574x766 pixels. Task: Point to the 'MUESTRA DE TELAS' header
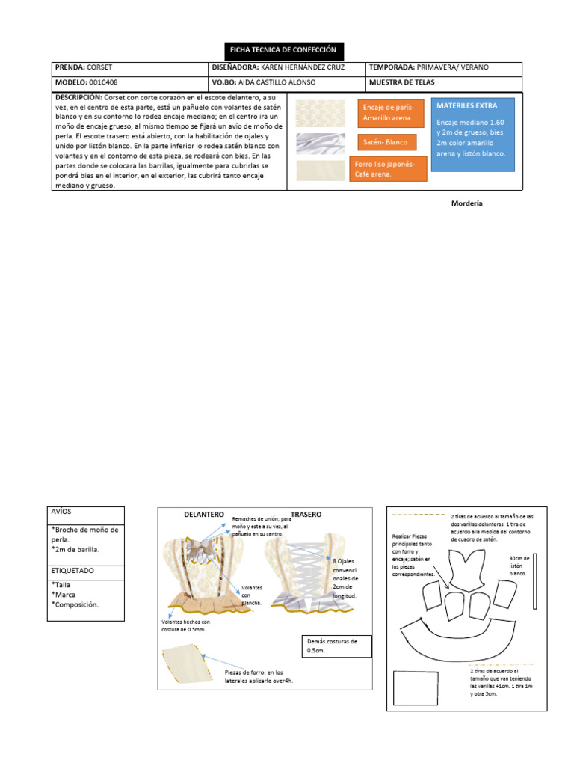pyautogui.click(x=401, y=82)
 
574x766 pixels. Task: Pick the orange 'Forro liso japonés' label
pyautogui.click(x=388, y=169)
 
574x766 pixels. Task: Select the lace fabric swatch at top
pyautogui.click(x=310, y=114)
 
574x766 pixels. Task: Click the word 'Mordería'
pyautogui.click(x=467, y=203)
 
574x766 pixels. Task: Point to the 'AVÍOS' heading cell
pyautogui.click(x=86, y=515)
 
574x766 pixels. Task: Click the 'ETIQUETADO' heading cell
pyautogui.click(x=86, y=571)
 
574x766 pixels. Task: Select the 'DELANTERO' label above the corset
pyautogui.click(x=204, y=515)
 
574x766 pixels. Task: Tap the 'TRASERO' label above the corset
pyautogui.click(x=306, y=515)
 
